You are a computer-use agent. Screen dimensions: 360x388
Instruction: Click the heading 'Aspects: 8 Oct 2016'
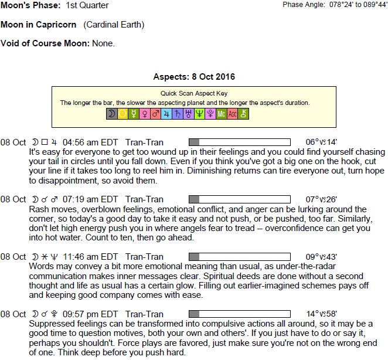pos(194,77)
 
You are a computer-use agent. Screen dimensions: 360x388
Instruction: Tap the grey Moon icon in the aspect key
pos(111,114)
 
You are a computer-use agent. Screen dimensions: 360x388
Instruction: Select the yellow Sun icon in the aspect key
pos(122,114)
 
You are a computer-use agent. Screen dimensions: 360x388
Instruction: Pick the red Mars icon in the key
pos(155,114)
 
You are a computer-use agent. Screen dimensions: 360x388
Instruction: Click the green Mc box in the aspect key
pos(221,114)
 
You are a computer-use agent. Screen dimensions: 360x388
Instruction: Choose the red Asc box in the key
pos(232,114)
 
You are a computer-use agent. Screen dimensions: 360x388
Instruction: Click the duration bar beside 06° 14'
pos(239,142)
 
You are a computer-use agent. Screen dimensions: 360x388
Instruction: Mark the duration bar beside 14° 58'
pos(239,314)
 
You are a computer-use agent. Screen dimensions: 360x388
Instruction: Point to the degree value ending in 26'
pos(322,199)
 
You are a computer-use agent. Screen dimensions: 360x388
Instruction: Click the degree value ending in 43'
pos(322,257)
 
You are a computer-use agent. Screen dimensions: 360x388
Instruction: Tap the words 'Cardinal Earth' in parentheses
pos(114,25)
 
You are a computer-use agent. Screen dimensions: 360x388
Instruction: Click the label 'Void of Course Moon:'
pos(45,43)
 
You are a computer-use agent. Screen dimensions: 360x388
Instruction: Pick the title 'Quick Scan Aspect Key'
pos(194,93)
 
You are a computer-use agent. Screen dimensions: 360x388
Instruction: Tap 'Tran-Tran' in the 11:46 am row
pos(145,257)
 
